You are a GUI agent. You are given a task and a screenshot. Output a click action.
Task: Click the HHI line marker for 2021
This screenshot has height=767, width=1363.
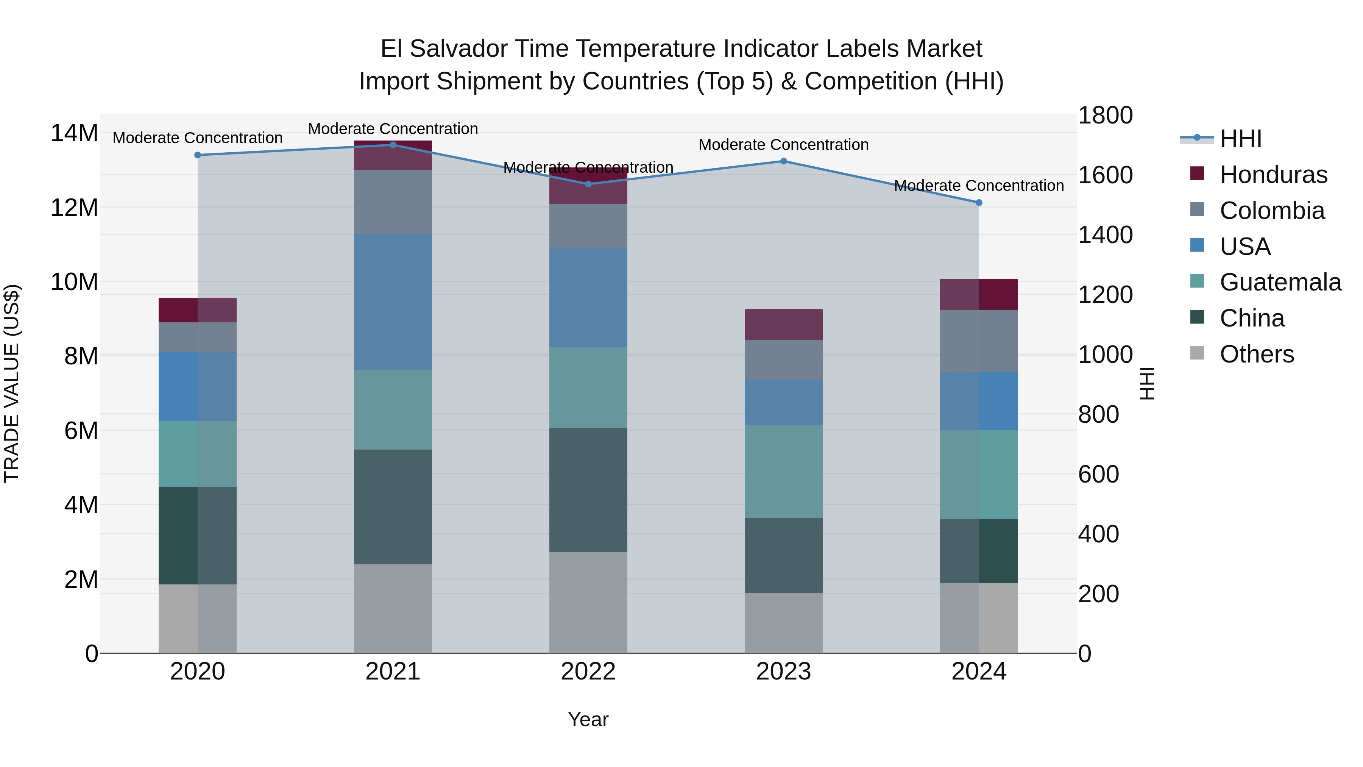click(393, 145)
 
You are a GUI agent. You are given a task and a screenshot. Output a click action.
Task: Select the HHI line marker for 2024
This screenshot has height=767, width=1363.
click(978, 203)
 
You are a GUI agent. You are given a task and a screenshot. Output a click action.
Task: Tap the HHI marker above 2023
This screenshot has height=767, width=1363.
click(784, 161)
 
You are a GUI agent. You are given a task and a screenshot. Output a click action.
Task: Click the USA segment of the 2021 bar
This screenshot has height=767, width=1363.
click(393, 302)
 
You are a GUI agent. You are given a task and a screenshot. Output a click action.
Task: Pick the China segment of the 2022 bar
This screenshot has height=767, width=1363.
click(588, 490)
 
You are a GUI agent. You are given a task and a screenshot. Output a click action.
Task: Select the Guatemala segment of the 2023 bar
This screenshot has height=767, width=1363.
click(784, 472)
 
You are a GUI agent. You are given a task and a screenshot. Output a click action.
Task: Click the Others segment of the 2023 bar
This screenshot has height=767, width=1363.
click(784, 623)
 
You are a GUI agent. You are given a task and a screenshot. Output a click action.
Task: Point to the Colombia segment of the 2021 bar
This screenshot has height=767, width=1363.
click(393, 202)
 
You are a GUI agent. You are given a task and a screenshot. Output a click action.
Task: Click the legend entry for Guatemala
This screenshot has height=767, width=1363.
click(1280, 282)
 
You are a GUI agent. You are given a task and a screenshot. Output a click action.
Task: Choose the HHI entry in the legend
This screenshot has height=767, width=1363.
click(1240, 139)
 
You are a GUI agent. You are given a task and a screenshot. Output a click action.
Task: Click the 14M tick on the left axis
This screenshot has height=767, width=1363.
click(74, 133)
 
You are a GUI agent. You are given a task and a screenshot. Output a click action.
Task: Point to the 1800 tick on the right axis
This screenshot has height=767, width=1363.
click(1105, 116)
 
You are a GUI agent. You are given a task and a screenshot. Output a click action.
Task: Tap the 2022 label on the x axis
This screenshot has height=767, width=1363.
click(588, 672)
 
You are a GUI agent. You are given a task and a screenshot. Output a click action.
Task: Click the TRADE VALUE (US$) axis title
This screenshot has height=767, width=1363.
click(12, 383)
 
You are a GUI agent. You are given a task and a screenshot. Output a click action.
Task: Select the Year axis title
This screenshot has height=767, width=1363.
click(588, 719)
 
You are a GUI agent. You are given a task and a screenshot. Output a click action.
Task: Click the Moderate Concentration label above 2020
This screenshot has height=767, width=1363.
click(197, 137)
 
